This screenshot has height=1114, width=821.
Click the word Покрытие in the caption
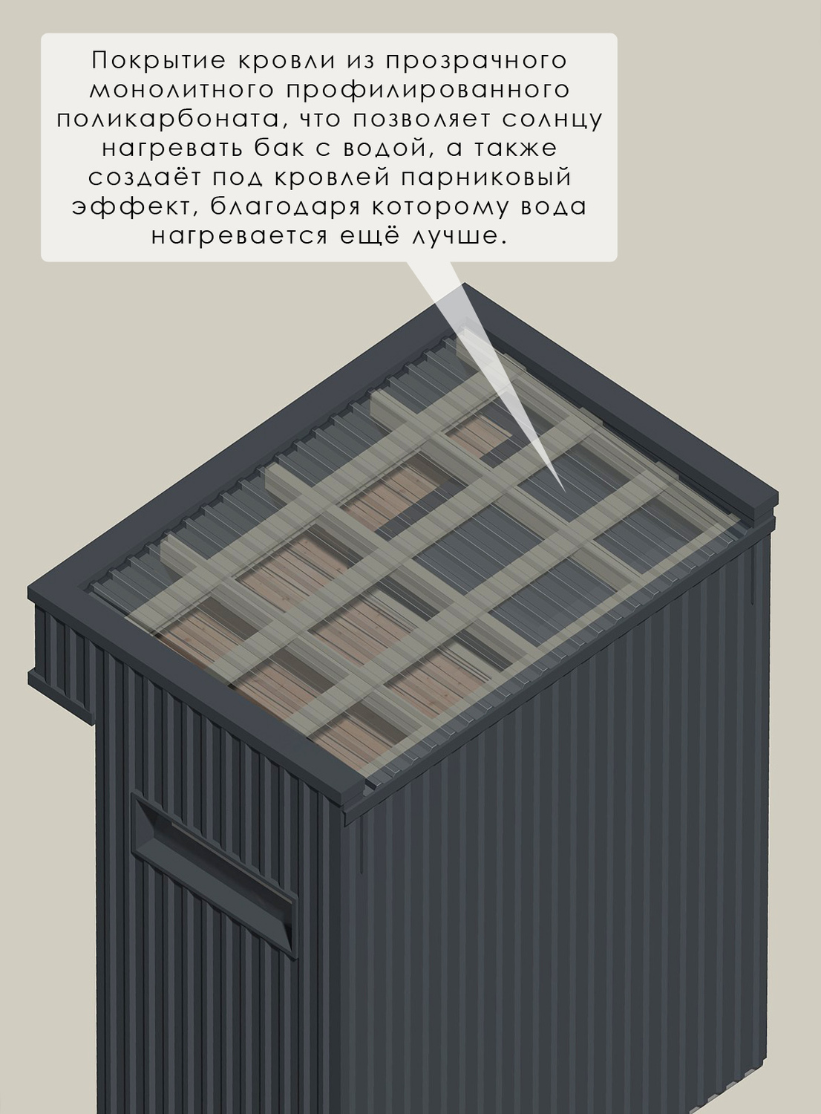159,62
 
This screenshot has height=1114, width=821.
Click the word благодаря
285,207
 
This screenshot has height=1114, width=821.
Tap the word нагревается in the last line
240,237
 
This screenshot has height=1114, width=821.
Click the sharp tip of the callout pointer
565,492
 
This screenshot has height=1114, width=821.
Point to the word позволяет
420,120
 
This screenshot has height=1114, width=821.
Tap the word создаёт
144,177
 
